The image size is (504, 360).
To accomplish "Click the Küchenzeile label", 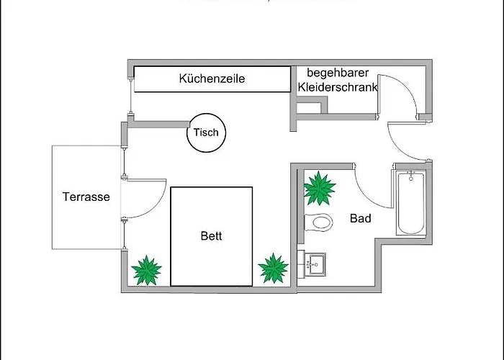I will coord(212,78).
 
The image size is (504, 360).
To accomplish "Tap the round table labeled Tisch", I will coord(205,132).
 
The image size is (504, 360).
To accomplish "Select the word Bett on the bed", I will coord(212,235).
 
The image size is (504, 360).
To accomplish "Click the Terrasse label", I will coord(86,197).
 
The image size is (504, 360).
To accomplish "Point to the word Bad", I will coord(360,217).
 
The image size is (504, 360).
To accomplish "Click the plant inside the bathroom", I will coord(319,189).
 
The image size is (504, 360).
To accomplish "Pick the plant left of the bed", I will coord(147,270).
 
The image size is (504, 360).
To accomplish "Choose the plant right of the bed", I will coord(274,269).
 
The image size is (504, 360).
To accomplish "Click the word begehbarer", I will coord(337,73).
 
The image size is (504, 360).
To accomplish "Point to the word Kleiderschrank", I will coord(338,87).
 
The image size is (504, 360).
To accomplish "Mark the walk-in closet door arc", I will coord(393,94).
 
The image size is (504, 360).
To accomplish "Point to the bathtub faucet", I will coord(410,175).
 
